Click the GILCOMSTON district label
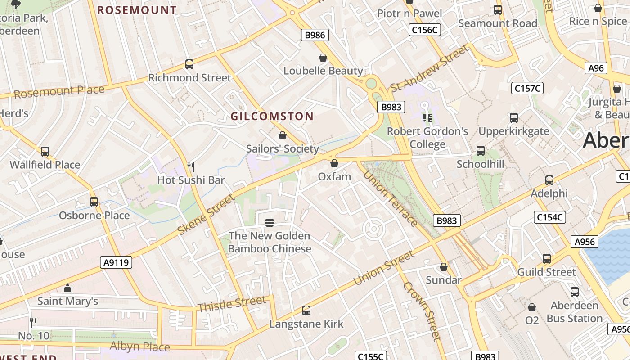coord(272,116)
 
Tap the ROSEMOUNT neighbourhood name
coord(137,10)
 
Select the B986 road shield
coord(315,35)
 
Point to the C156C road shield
coord(425,30)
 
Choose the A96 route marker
coord(596,68)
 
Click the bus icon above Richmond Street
coord(189,64)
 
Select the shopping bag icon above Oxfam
coord(334,163)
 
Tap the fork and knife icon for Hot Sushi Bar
coord(191,167)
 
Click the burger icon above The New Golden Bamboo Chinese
coord(270,222)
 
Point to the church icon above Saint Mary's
coord(67,288)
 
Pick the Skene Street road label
coord(206,214)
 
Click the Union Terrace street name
coord(390,198)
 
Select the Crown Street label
coord(421,310)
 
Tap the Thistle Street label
coord(232,304)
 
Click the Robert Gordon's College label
coord(427,138)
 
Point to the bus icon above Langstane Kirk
coord(306,310)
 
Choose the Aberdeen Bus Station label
coord(574,312)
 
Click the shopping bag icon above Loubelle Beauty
coord(323,58)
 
